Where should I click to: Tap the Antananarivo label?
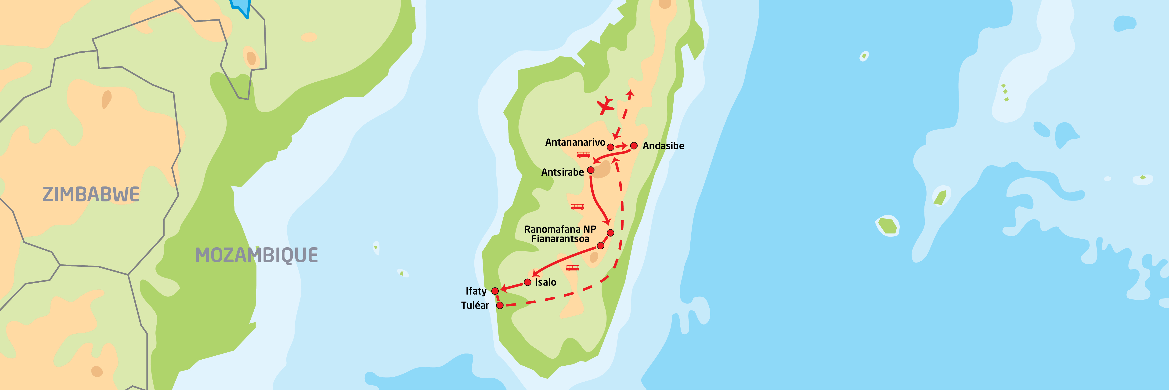tap(575, 142)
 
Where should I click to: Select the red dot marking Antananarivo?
tap(611, 147)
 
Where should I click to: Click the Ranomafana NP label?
tap(560, 229)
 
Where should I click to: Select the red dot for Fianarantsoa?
tap(600, 246)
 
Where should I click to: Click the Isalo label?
tap(545, 282)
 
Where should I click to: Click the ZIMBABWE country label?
tap(91, 194)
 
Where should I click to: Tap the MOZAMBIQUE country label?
tap(256, 255)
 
